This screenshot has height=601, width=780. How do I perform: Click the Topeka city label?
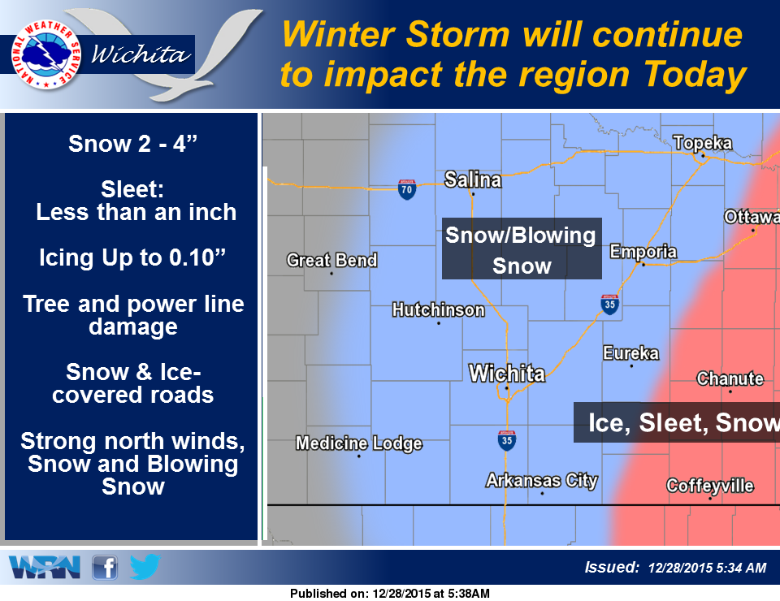[703, 144]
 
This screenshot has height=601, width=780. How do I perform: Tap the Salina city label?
[473, 179]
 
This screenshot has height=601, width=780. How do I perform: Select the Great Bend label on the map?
[331, 260]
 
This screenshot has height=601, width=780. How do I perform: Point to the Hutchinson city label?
[438, 309]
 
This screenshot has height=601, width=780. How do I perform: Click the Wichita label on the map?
[507, 374]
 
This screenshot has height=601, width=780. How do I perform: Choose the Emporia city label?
[643, 251]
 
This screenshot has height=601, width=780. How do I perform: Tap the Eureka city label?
[630, 352]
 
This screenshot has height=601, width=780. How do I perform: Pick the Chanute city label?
[730, 378]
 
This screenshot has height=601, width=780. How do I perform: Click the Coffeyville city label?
[710, 486]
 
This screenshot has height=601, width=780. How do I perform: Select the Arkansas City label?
[542, 480]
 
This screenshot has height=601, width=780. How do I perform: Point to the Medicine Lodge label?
[358, 443]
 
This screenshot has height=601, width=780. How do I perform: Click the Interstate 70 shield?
[407, 189]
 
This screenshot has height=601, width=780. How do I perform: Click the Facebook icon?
[105, 566]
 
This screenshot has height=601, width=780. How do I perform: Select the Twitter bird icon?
[145, 566]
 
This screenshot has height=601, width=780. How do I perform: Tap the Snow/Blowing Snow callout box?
[522, 249]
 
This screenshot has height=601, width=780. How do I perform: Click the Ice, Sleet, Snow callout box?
[677, 422]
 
